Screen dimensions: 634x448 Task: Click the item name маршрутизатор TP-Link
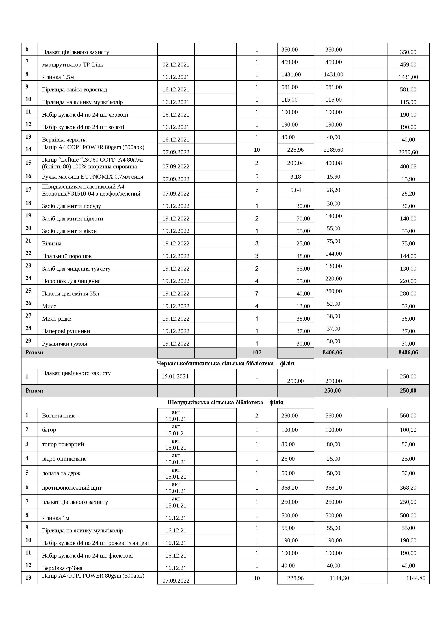[73, 65]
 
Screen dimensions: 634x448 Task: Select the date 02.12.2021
[176, 65]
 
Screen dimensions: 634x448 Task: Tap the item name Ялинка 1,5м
[58, 77]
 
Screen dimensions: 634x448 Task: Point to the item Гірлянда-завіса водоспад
[74, 89]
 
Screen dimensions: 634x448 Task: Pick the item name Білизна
[52, 244]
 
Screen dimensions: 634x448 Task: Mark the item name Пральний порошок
[67, 256]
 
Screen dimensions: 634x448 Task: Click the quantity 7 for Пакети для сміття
[257, 293]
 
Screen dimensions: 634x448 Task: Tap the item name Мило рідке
[57, 319]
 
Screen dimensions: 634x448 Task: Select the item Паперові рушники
[66, 331]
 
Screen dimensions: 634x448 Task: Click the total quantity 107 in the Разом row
[257, 352]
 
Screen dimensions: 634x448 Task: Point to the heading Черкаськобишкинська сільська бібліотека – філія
[225, 363]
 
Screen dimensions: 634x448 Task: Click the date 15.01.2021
[175, 376]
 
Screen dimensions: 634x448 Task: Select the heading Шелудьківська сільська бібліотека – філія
[225, 402]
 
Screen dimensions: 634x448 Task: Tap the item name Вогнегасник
[58, 415]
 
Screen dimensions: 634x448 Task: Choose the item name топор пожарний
[63, 444]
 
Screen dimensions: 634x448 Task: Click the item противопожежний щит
[72, 488]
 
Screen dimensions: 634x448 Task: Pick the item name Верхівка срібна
[62, 568]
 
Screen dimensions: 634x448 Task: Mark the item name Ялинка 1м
[56, 518]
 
